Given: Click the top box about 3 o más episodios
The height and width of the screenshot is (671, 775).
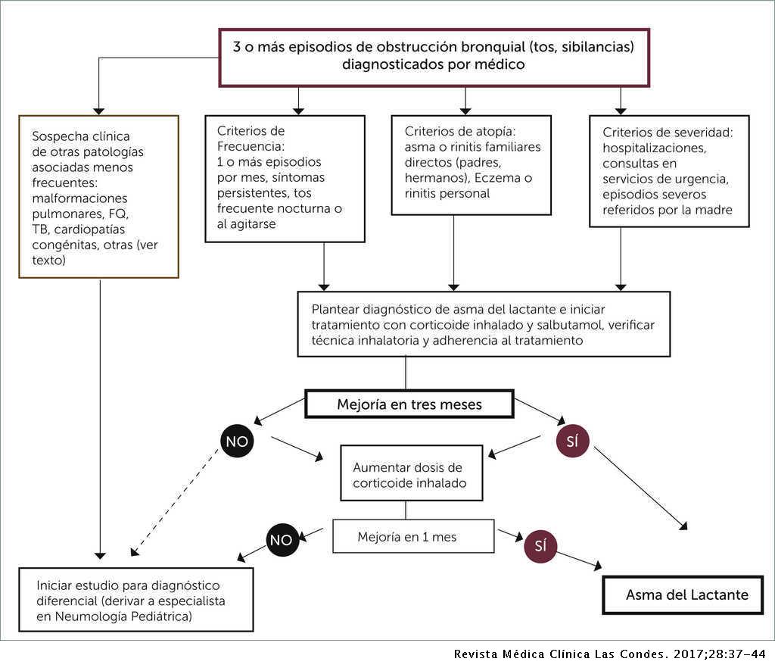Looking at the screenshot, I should point(434,55).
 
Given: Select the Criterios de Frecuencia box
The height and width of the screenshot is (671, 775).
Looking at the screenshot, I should point(285,178).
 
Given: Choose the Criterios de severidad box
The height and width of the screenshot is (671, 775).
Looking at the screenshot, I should point(668,170).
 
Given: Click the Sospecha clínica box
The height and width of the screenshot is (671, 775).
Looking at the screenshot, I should point(99,197).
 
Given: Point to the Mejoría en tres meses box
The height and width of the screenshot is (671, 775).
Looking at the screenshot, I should point(409,404).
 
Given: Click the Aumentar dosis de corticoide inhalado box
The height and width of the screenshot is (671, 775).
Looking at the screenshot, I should point(410,475).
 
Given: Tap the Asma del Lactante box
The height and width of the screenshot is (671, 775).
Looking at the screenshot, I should point(686,595).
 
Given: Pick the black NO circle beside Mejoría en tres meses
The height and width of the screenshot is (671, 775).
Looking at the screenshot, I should point(237,442).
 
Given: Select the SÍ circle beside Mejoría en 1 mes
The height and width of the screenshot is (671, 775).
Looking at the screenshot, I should point(540,546).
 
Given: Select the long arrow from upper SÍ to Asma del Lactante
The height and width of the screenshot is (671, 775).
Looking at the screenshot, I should point(642,488).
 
